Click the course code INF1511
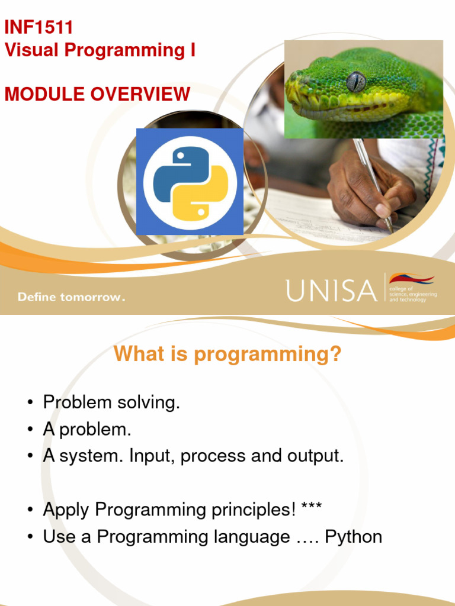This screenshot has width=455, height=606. [39, 27]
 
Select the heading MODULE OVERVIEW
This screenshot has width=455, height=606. [98, 94]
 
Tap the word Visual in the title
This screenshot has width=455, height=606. [30, 51]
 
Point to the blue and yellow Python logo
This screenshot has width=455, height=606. [190, 182]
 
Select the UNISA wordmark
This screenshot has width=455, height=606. [331, 290]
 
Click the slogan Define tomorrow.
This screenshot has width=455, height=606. [71, 297]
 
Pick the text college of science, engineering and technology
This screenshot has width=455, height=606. [412, 294]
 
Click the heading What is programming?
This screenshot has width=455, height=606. [227, 354]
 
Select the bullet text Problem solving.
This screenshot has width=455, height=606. [111, 403]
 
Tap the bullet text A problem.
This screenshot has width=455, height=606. [86, 430]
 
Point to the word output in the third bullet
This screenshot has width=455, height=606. [315, 456]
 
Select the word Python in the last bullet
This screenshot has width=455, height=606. [353, 537]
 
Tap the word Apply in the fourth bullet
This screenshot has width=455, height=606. [66, 510]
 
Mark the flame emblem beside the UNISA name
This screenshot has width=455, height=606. [411, 278]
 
